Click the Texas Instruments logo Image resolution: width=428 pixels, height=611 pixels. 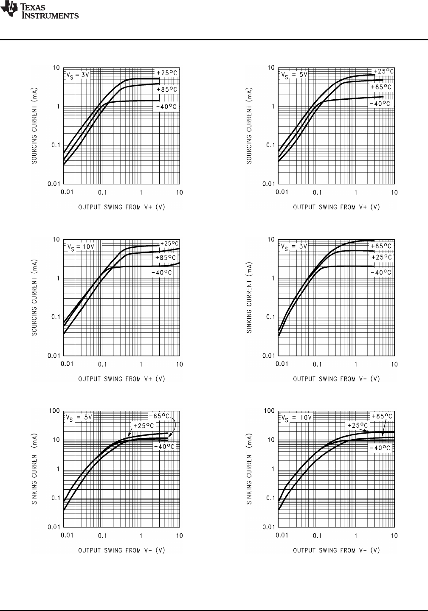tap(40, 11)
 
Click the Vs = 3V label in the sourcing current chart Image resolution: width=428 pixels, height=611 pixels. tap(77, 75)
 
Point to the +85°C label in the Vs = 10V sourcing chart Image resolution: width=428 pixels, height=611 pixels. tap(166, 258)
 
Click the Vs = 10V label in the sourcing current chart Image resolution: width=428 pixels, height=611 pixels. tap(80, 247)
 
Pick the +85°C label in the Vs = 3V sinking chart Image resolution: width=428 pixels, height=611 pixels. tap(381, 246)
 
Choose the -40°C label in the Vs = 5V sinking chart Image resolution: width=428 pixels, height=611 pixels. tap(164, 447)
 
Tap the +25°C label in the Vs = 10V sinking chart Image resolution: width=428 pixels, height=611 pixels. tap(358, 425)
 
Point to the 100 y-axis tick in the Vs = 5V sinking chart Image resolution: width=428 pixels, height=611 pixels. tap(54, 411)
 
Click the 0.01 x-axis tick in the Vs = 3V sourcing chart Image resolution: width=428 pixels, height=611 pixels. tap(67, 192)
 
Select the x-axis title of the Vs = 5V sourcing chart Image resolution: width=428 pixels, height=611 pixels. tap(336, 207)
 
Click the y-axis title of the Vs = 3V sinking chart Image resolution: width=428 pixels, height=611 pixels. tap(250, 297)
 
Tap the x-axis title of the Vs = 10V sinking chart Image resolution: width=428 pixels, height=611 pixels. tap(336, 550)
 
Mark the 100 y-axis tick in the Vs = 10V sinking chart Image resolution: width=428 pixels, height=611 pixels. tap(269, 411)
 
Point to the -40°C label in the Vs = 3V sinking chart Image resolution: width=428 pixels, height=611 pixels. tap(381, 272)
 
